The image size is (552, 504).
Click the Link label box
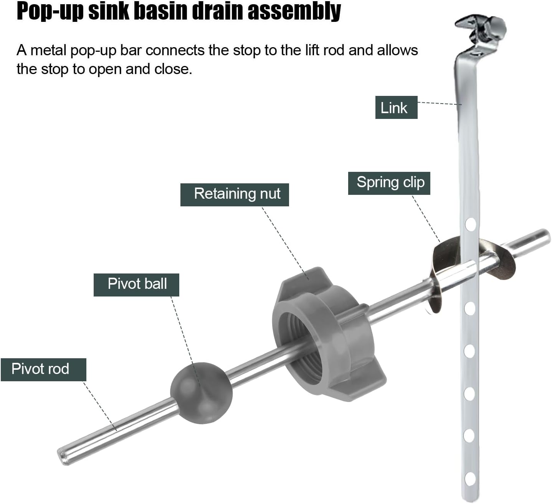pos(396,107)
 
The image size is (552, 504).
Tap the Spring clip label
pos(389,183)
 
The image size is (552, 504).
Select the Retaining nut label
pos(235,194)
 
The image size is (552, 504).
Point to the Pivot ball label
pos(136,284)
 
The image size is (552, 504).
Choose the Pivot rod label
pos(43,369)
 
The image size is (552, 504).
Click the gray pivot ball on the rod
pos(201,393)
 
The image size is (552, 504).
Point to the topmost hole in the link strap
pos(470,224)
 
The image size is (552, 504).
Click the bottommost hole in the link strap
pos(470,478)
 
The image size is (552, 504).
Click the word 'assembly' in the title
pos(294,12)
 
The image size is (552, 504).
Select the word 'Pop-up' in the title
pos(50,12)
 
